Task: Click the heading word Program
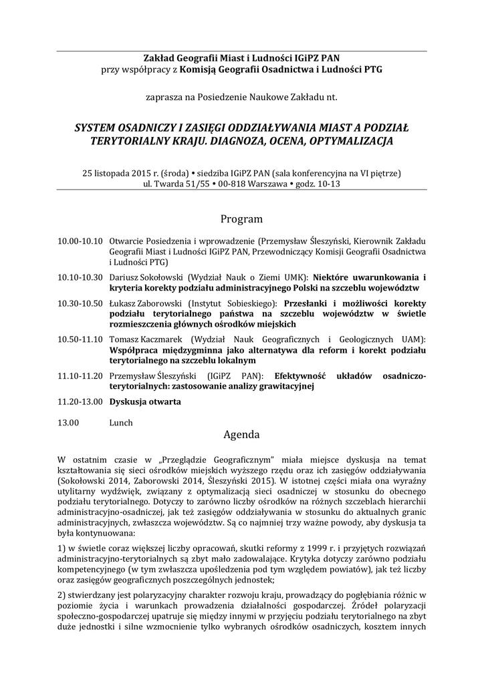coord(241,219)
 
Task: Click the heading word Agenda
coord(241,434)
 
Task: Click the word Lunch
coord(121,422)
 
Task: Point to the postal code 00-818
coord(229,184)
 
